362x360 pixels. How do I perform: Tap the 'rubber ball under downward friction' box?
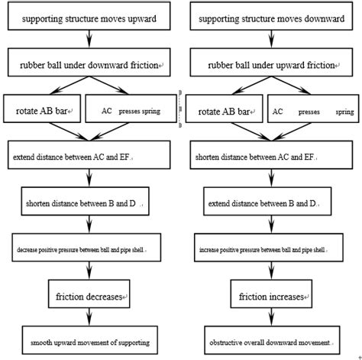click(x=90, y=66)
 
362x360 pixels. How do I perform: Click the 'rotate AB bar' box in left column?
click(x=42, y=111)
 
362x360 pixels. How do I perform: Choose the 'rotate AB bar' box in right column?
click(x=222, y=111)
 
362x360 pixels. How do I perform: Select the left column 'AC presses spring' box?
click(x=131, y=111)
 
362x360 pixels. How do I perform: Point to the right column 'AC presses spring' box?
click(x=313, y=111)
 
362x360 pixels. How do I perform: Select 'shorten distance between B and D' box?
click(x=90, y=204)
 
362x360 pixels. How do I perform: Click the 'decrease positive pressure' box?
click(x=90, y=250)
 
